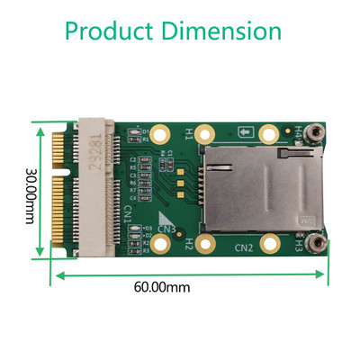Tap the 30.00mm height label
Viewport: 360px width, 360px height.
30,192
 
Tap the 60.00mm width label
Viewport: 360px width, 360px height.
163,288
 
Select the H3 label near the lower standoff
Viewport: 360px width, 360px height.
298,244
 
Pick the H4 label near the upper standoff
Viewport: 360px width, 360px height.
298,132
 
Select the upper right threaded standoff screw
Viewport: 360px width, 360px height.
315,134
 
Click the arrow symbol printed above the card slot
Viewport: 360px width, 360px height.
245,133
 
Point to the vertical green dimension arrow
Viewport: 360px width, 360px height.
40,190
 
